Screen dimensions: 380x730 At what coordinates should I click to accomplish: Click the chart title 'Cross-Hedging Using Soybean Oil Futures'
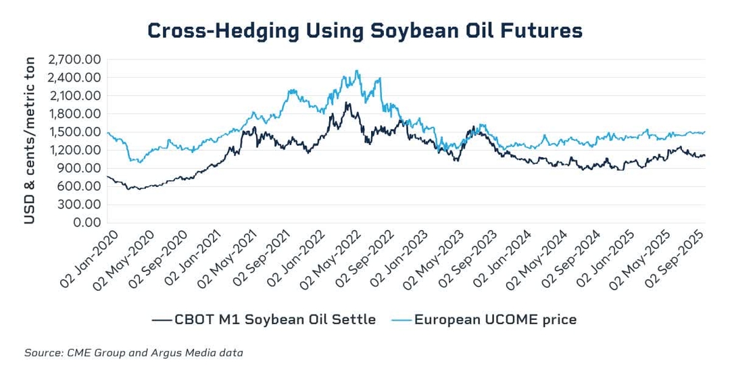coord(364,31)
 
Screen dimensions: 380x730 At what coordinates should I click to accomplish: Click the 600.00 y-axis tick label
coord(80,186)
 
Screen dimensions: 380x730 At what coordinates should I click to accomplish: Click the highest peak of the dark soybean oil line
coord(347,103)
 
